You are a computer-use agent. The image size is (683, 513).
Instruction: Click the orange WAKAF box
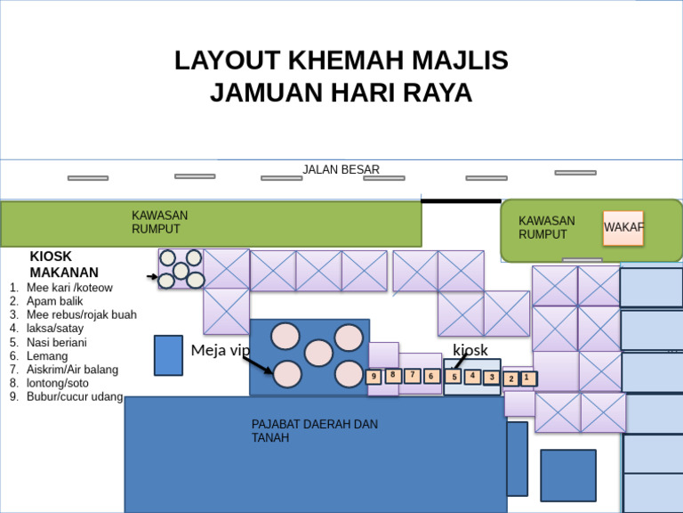(623, 228)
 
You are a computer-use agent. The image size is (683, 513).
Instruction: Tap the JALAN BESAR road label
(341, 169)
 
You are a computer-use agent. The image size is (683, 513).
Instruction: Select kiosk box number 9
(374, 377)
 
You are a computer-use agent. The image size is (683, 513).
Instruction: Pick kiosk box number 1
(527, 378)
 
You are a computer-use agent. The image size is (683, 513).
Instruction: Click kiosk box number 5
(454, 377)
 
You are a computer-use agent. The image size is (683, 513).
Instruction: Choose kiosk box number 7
(412, 376)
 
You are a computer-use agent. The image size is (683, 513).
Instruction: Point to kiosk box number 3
(491, 378)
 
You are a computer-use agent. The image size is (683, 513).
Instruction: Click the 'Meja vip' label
(221, 350)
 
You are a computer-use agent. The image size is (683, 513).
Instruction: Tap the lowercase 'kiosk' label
(470, 350)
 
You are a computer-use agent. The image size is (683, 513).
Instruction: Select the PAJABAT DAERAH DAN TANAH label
(315, 431)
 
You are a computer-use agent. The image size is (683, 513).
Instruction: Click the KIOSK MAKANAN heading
(64, 265)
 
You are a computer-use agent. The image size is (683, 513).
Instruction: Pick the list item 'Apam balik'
(54, 301)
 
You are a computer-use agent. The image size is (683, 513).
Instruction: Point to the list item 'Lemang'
(46, 355)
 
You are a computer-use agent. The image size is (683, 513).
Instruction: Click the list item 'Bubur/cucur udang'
(75, 396)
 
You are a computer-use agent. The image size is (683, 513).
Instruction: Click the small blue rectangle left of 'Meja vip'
(168, 355)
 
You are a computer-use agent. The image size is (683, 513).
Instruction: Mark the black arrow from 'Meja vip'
(258, 365)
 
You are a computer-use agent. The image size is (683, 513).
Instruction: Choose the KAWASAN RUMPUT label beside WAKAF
(547, 227)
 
